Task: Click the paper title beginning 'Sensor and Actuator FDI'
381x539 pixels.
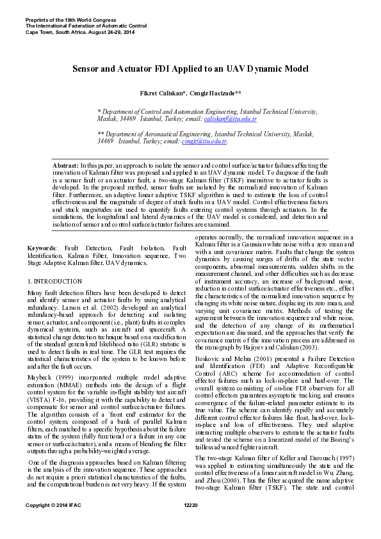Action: tap(190, 67)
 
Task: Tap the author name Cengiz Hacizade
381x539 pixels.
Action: tap(216, 93)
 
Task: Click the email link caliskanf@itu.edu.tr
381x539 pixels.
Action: tap(231, 119)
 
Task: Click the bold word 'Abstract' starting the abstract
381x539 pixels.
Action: tap(65, 165)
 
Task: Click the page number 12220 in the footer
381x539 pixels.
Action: tap(190, 524)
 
